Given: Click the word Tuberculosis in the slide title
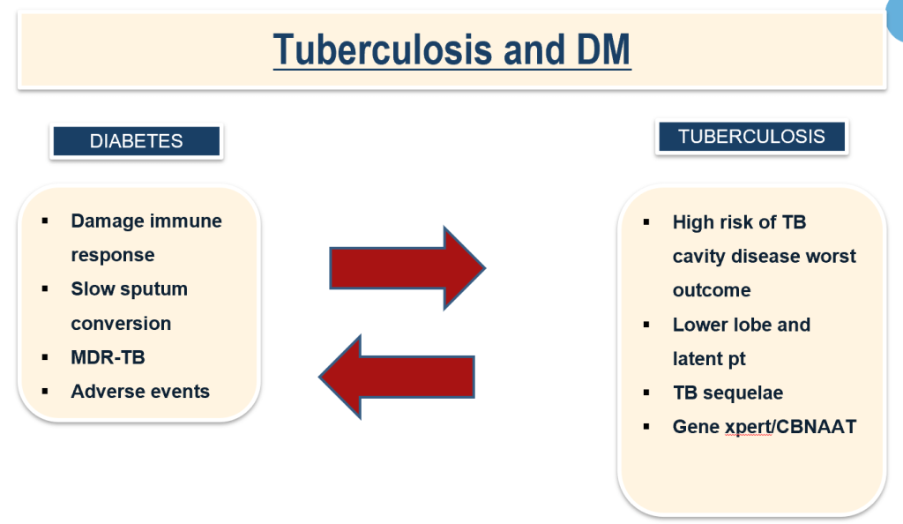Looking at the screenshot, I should click(x=382, y=50).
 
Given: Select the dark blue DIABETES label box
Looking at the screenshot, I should click(x=137, y=141).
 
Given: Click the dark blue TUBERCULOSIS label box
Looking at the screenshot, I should click(x=751, y=137).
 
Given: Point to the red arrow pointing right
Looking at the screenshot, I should click(x=406, y=267).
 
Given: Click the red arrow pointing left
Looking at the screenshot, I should click(x=397, y=375).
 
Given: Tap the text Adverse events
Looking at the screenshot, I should click(x=140, y=391).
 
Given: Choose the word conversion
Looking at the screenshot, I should click(x=121, y=323).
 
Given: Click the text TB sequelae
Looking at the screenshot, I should click(x=728, y=393).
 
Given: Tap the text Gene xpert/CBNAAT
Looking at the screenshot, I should click(x=764, y=426).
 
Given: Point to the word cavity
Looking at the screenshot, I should click(x=701, y=257).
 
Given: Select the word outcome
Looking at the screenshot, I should click(x=712, y=290).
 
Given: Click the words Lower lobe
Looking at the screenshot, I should click(x=722, y=325).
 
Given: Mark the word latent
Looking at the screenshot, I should click(x=698, y=358).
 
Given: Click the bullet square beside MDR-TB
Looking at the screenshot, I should click(x=45, y=357).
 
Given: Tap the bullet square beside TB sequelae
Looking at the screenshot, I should click(x=647, y=393).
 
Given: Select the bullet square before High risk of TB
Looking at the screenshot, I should click(x=647, y=222).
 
